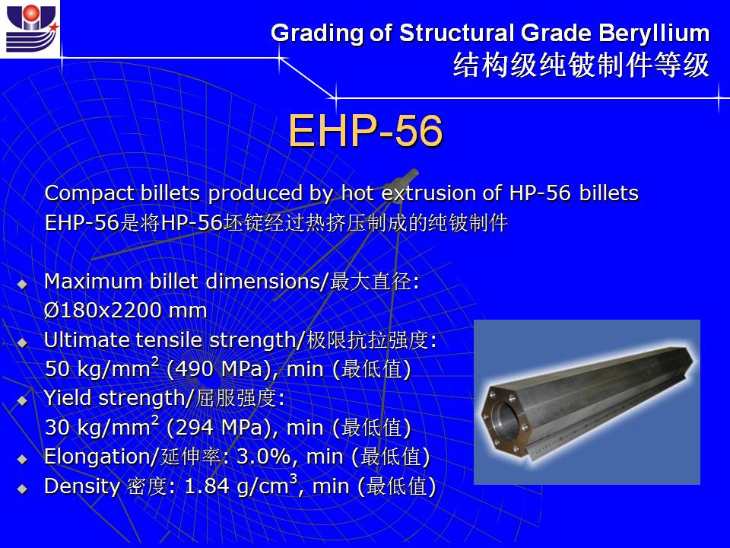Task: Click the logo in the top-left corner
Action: coord(30,29)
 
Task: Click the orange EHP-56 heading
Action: coord(366,131)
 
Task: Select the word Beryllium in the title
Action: coord(654,33)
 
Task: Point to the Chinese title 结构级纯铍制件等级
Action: coord(582,65)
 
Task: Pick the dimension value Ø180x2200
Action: coord(103,311)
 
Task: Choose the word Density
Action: coord(82,487)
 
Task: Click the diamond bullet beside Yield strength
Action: coord(22,401)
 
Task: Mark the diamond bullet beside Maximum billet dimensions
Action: coord(22,284)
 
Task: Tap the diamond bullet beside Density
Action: coord(22,489)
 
